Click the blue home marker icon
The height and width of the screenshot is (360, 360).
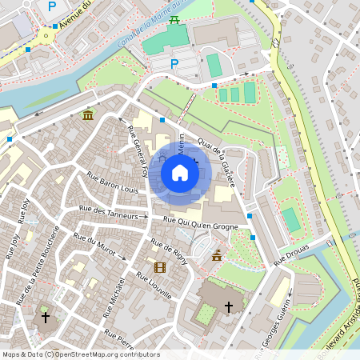[x=180, y=172]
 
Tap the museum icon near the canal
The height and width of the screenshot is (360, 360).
[x=87, y=115]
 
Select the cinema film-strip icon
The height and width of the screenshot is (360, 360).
[x=160, y=266]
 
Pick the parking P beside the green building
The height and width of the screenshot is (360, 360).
[x=175, y=63]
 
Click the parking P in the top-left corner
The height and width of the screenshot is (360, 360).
[x=52, y=6]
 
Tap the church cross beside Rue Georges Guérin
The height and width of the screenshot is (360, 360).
[x=229, y=306]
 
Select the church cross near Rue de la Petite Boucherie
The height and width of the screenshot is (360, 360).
[x=46, y=318]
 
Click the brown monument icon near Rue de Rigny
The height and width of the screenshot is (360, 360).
[x=217, y=256]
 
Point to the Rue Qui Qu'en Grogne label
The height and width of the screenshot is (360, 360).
[x=201, y=221]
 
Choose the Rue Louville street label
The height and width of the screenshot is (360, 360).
[x=154, y=285]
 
